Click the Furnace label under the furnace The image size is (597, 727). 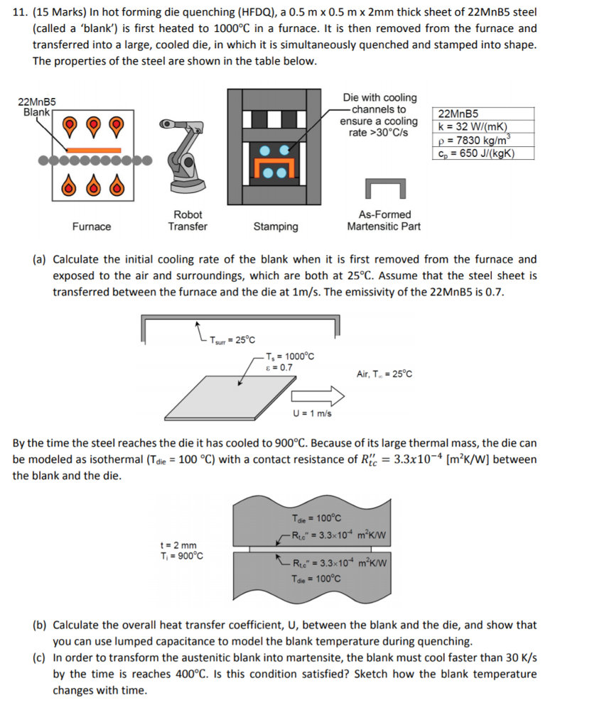pos(92,226)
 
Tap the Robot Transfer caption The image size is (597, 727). pos(188,220)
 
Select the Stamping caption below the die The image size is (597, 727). pos(276,226)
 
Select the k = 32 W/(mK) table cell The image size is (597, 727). pos(473,127)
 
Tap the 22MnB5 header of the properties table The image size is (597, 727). pos(459,114)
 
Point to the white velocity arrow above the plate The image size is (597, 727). pos(313,394)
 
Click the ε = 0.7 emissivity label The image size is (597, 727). pos(278,367)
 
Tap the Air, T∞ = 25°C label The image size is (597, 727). pos(384,373)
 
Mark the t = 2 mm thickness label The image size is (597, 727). pos(180,545)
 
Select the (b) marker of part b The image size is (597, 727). pos(41,625)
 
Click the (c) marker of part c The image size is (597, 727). pos(41,658)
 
